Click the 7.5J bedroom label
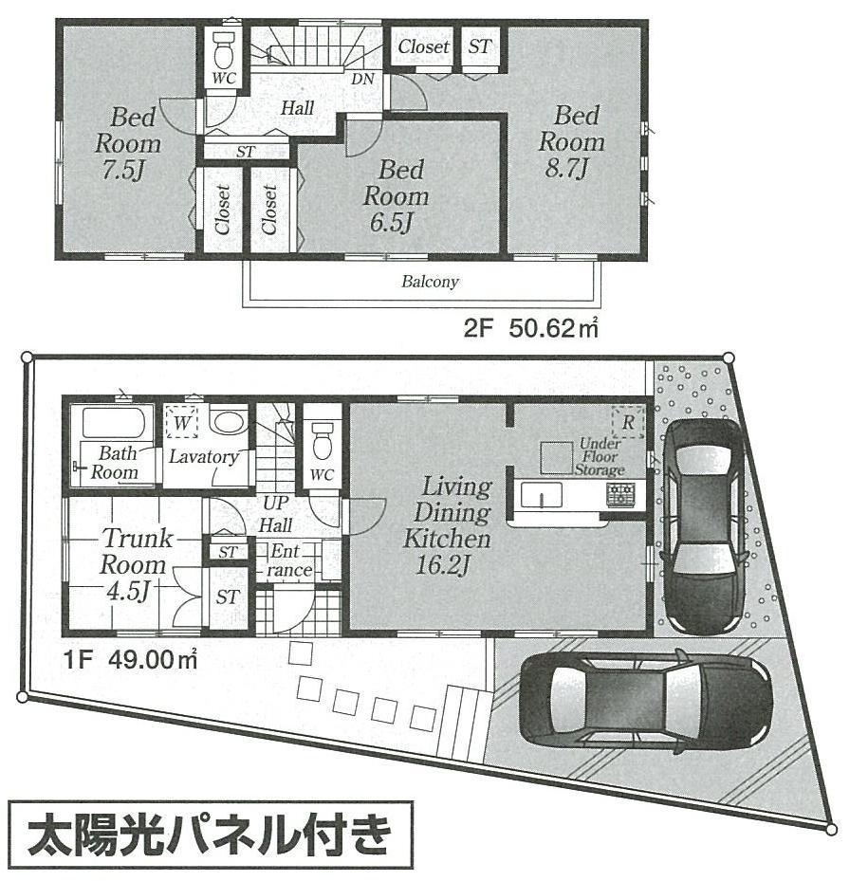point(127,144)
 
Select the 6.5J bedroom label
point(397,197)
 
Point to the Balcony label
point(430,282)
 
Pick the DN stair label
point(362,80)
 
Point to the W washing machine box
point(180,420)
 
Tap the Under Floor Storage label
point(600,457)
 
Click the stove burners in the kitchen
point(621,493)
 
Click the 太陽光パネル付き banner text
point(212,835)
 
